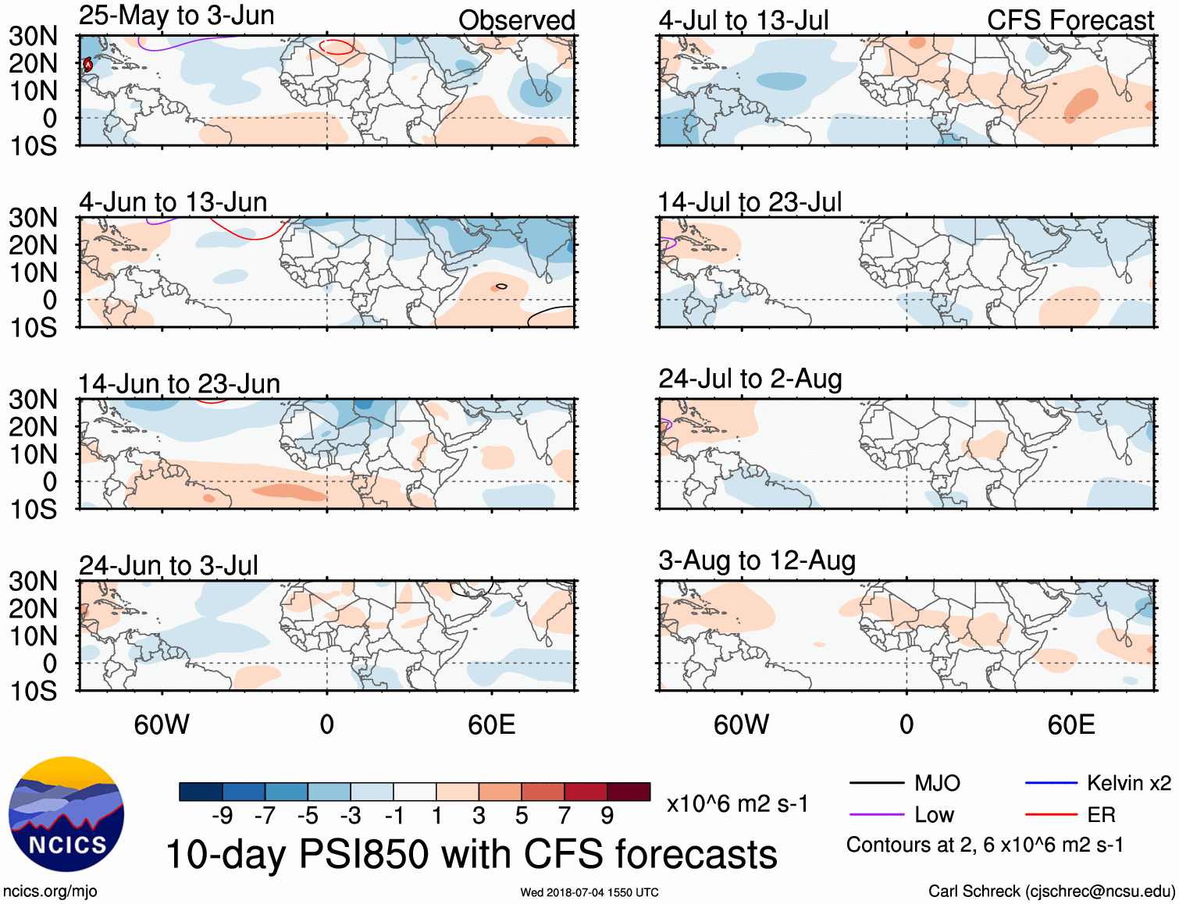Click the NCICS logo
[66, 814]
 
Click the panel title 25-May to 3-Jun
[176, 16]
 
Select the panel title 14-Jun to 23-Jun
[179, 384]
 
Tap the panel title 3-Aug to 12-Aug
[757, 561]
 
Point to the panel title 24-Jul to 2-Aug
[750, 379]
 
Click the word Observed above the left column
[516, 20]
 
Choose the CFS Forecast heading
[1070, 20]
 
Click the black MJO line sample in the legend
[876, 783]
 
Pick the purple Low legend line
[876, 815]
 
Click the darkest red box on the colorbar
[629, 792]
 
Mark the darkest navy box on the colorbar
[201, 792]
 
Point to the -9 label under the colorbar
[222, 816]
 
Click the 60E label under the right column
[1070, 725]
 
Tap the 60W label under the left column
[162, 725]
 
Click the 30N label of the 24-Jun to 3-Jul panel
[33, 582]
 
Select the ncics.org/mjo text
[50, 892]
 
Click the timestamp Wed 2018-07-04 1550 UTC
[589, 892]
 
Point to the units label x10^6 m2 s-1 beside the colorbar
[737, 804]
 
